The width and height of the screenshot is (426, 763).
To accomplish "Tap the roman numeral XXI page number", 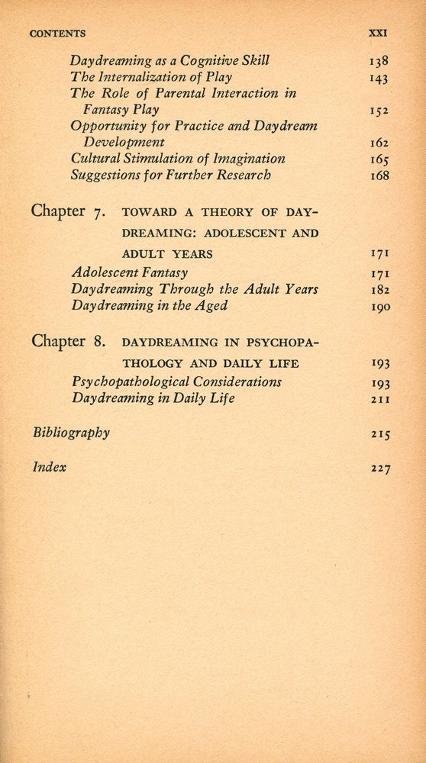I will point(379,34).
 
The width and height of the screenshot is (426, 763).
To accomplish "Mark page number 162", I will point(379,143).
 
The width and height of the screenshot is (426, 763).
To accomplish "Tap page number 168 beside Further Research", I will point(379,175).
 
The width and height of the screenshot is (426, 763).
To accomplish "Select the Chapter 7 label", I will point(72,211).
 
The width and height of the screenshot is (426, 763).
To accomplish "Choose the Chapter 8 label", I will point(72,341).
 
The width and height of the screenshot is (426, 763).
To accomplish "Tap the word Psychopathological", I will point(132,381).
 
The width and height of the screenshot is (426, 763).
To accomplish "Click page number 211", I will point(379,398).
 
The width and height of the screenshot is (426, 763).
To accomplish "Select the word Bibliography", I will point(71,433).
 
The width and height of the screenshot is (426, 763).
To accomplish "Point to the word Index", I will point(50,468).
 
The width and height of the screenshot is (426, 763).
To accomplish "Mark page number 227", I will point(379,470).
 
